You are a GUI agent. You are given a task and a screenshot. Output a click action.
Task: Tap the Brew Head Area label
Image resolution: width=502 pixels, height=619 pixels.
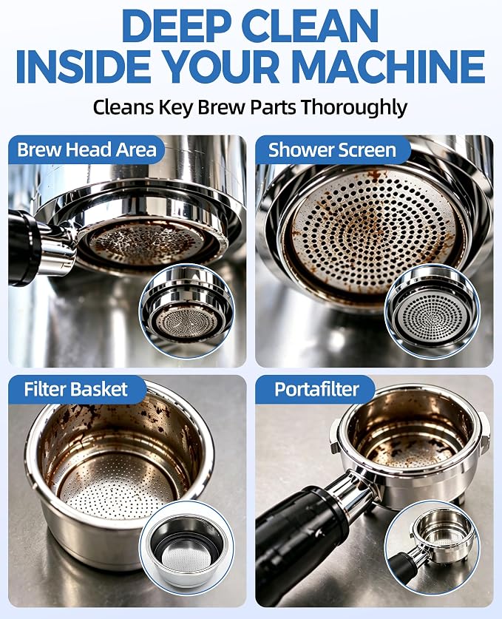click(x=87, y=149)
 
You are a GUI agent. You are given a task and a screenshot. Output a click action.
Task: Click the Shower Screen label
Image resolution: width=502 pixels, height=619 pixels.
click(x=332, y=150)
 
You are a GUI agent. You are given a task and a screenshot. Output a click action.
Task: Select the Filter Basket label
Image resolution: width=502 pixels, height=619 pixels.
click(x=75, y=389)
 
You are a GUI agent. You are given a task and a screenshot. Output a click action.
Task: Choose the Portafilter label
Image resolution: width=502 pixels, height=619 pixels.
click(x=316, y=389)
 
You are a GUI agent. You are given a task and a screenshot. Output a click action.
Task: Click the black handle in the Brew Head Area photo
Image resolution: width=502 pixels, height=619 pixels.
click(x=24, y=248)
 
